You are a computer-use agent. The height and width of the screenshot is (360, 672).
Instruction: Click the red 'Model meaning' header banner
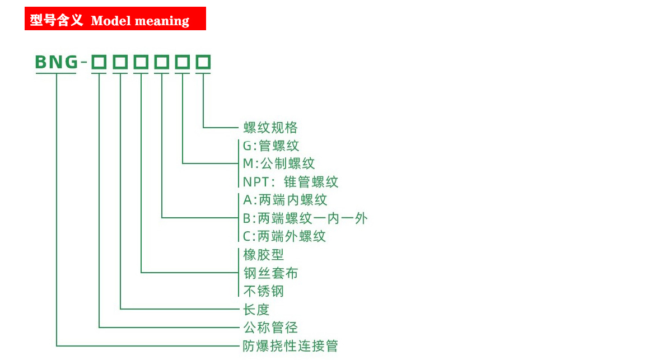[x=115, y=18]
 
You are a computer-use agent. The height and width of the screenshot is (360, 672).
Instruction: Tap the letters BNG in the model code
[x=57, y=62]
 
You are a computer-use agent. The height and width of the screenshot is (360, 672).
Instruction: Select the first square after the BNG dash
[x=99, y=62]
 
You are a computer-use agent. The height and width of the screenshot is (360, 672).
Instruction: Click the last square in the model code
[x=203, y=62]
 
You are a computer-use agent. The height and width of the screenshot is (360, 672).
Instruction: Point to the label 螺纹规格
[x=270, y=128]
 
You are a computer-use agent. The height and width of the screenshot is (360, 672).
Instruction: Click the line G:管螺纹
[x=270, y=146]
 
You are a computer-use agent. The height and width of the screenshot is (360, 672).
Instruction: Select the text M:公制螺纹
[x=279, y=164]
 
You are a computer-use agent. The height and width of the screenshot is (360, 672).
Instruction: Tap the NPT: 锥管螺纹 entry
[x=291, y=182]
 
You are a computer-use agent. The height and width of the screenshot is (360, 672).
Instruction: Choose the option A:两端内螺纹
[x=285, y=200]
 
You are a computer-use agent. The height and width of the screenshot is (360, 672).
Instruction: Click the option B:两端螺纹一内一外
[x=305, y=218]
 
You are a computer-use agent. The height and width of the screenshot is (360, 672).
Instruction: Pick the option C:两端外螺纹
[x=284, y=236]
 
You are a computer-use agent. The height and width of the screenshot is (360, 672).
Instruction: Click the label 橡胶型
[x=263, y=255]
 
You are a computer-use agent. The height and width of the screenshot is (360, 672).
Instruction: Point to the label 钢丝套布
[x=270, y=273]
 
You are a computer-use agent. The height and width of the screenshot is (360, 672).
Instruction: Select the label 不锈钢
[x=263, y=291]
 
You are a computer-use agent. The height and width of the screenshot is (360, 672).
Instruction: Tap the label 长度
[x=256, y=310]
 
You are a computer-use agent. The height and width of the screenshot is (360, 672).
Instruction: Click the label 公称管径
[x=270, y=328]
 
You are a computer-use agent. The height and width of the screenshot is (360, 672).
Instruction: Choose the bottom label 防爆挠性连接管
[x=291, y=346]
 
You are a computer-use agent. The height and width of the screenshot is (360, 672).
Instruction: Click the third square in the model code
[x=141, y=62]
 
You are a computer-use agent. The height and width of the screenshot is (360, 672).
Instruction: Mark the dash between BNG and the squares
[x=84, y=62]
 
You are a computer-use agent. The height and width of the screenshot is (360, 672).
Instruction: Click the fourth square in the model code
[x=162, y=62]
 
